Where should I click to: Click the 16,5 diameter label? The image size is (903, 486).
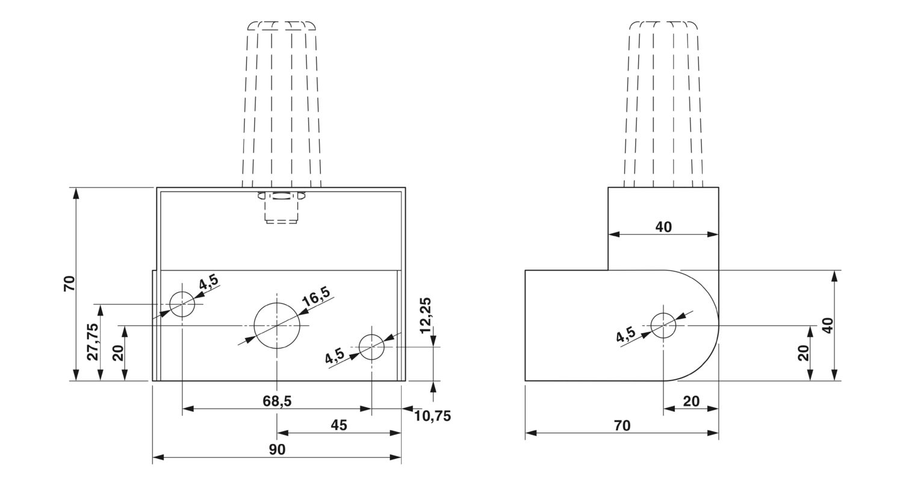pos(316,296)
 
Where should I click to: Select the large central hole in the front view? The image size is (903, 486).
pos(276,325)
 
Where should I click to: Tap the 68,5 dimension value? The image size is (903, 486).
pos(277,400)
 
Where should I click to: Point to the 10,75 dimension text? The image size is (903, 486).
pos(432,416)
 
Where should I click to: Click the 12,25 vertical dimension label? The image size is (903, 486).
pos(426,315)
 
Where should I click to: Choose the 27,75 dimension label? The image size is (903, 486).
pos(92,341)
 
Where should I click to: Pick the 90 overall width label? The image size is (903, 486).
pos(277,449)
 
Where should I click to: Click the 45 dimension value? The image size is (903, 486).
pos(339,425)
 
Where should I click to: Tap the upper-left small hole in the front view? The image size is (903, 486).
pos(182,304)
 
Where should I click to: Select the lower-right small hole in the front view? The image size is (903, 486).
pos(371,347)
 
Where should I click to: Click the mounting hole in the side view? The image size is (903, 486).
pos(663,325)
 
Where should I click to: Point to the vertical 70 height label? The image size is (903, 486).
pos(69,283)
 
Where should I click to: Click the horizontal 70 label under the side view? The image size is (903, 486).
pos(622,426)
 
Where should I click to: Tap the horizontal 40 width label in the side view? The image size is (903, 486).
pos(663,227)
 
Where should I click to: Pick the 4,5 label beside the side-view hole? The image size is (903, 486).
pos(625,335)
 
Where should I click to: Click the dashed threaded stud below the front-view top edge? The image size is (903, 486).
pos(281,208)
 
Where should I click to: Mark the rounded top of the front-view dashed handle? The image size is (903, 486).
pos(282,25)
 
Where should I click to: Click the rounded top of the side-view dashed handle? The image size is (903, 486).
pos(663,25)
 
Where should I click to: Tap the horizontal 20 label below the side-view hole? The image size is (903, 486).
pos(691,401)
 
